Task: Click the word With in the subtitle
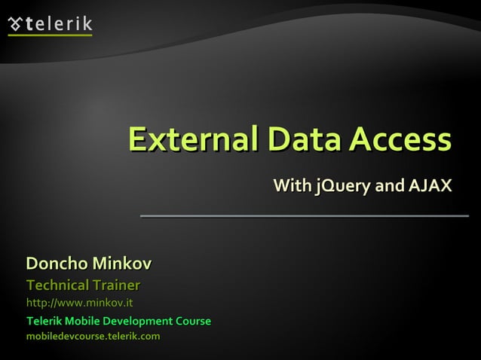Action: click(290, 185)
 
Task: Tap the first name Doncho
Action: click(57, 264)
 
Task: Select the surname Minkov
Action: click(121, 264)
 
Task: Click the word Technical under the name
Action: click(57, 285)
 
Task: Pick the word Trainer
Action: click(115, 285)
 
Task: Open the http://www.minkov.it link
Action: click(80, 304)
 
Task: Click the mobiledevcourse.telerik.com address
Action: click(93, 336)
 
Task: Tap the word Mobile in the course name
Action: click(81, 322)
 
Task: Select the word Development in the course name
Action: click(137, 322)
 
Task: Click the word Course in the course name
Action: click(193, 322)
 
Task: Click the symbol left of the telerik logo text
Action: click(16, 25)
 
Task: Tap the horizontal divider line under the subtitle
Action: click(304, 216)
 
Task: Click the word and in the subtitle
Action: click(391, 185)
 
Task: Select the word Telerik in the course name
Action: click(44, 322)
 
